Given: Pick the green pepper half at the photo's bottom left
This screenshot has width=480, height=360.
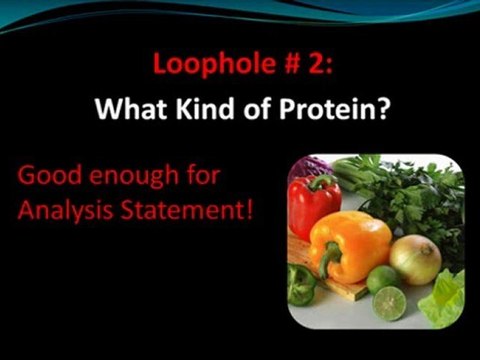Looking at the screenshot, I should pos(302,285).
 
